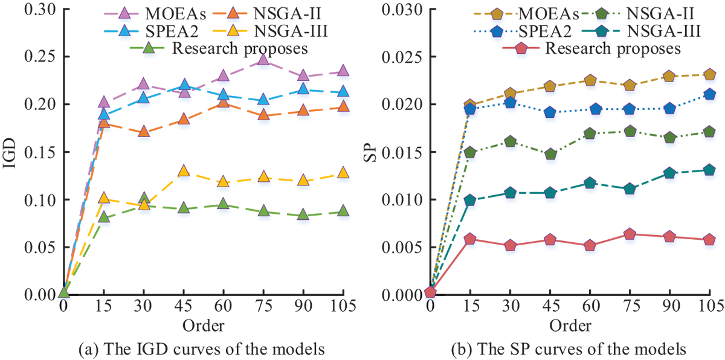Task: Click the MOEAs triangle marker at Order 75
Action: [262, 59]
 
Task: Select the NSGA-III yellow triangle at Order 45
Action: [184, 171]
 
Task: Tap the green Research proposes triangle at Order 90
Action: [303, 214]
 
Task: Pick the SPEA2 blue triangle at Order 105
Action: [343, 92]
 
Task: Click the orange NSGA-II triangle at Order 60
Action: [223, 102]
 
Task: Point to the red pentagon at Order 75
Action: [630, 234]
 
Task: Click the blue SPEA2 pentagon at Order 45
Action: [549, 112]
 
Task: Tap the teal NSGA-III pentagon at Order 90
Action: [669, 173]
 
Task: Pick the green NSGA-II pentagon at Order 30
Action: [510, 141]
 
